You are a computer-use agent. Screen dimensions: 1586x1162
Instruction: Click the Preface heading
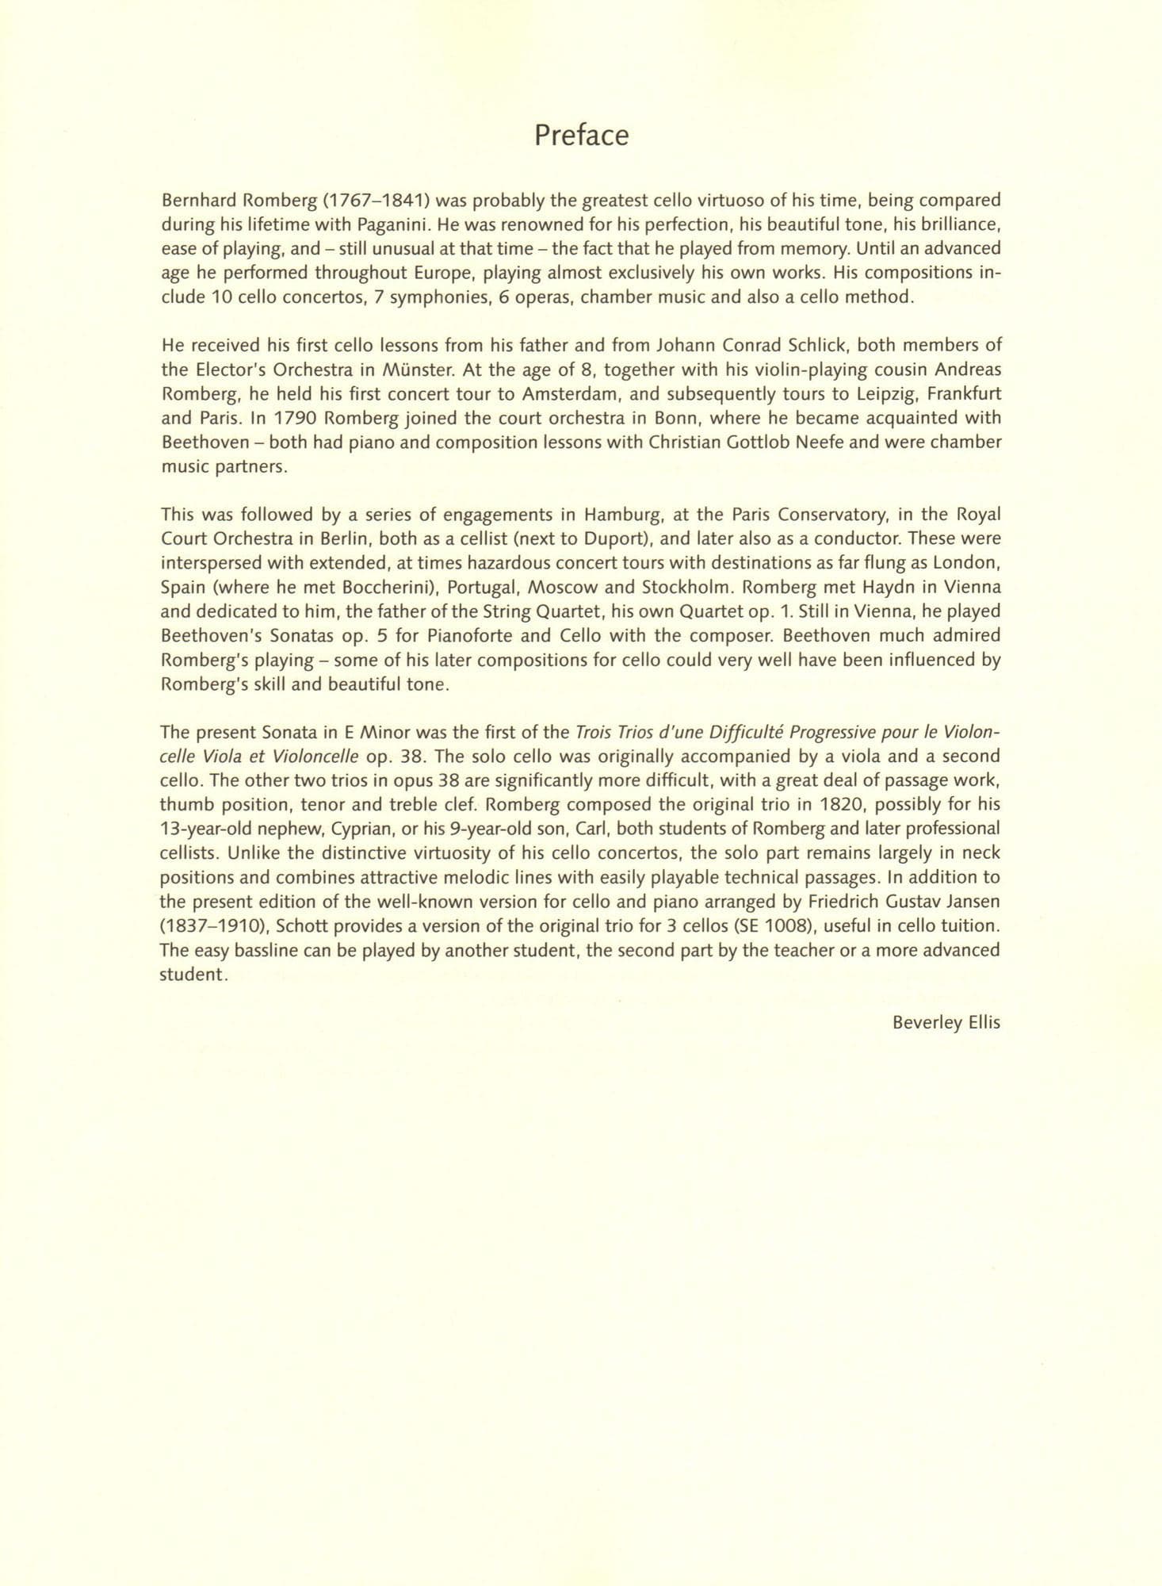tap(581, 136)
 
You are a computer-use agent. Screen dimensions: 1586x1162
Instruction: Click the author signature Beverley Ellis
tap(946, 1022)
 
